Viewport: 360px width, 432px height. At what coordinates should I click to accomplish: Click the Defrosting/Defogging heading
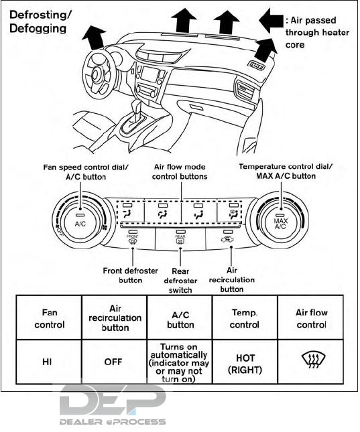(x=40, y=21)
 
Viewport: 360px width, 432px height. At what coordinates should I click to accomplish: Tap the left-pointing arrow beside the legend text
(x=271, y=20)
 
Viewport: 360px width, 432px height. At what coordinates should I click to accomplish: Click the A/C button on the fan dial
(x=80, y=224)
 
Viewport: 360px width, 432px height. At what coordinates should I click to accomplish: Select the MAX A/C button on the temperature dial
(x=280, y=224)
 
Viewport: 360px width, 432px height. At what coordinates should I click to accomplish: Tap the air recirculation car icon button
(x=227, y=240)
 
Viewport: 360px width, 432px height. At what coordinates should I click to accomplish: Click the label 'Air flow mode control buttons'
(x=180, y=171)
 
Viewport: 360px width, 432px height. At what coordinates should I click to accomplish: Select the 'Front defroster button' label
(x=130, y=275)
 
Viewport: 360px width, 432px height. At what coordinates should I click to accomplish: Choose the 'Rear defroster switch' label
(x=180, y=281)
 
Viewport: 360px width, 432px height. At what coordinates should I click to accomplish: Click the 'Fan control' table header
(x=49, y=318)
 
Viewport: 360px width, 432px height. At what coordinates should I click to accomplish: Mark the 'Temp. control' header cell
(x=245, y=318)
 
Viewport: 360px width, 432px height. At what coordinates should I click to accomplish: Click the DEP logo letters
(x=113, y=399)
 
